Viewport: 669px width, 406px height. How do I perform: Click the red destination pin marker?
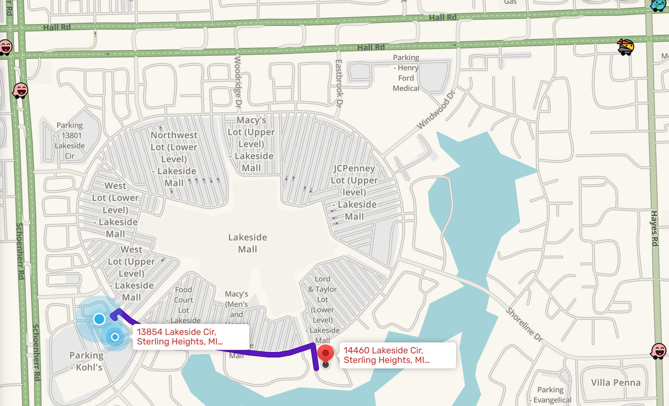[x=325, y=354]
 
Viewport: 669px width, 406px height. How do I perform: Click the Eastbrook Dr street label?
[x=338, y=84]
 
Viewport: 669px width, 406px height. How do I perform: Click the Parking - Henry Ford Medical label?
[x=406, y=73]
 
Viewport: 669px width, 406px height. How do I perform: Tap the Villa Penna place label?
[x=615, y=383]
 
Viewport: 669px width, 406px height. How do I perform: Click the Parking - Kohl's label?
[x=86, y=361]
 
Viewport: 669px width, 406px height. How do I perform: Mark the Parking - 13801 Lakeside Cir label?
[x=70, y=141]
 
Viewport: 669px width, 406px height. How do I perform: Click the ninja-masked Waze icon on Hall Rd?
[x=626, y=47]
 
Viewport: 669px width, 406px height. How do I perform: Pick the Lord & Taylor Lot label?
[x=323, y=310]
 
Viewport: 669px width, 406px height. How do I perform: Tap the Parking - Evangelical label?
[x=550, y=395]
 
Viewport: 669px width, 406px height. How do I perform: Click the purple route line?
[x=268, y=352]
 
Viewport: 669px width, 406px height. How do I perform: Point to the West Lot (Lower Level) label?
[x=115, y=210]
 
